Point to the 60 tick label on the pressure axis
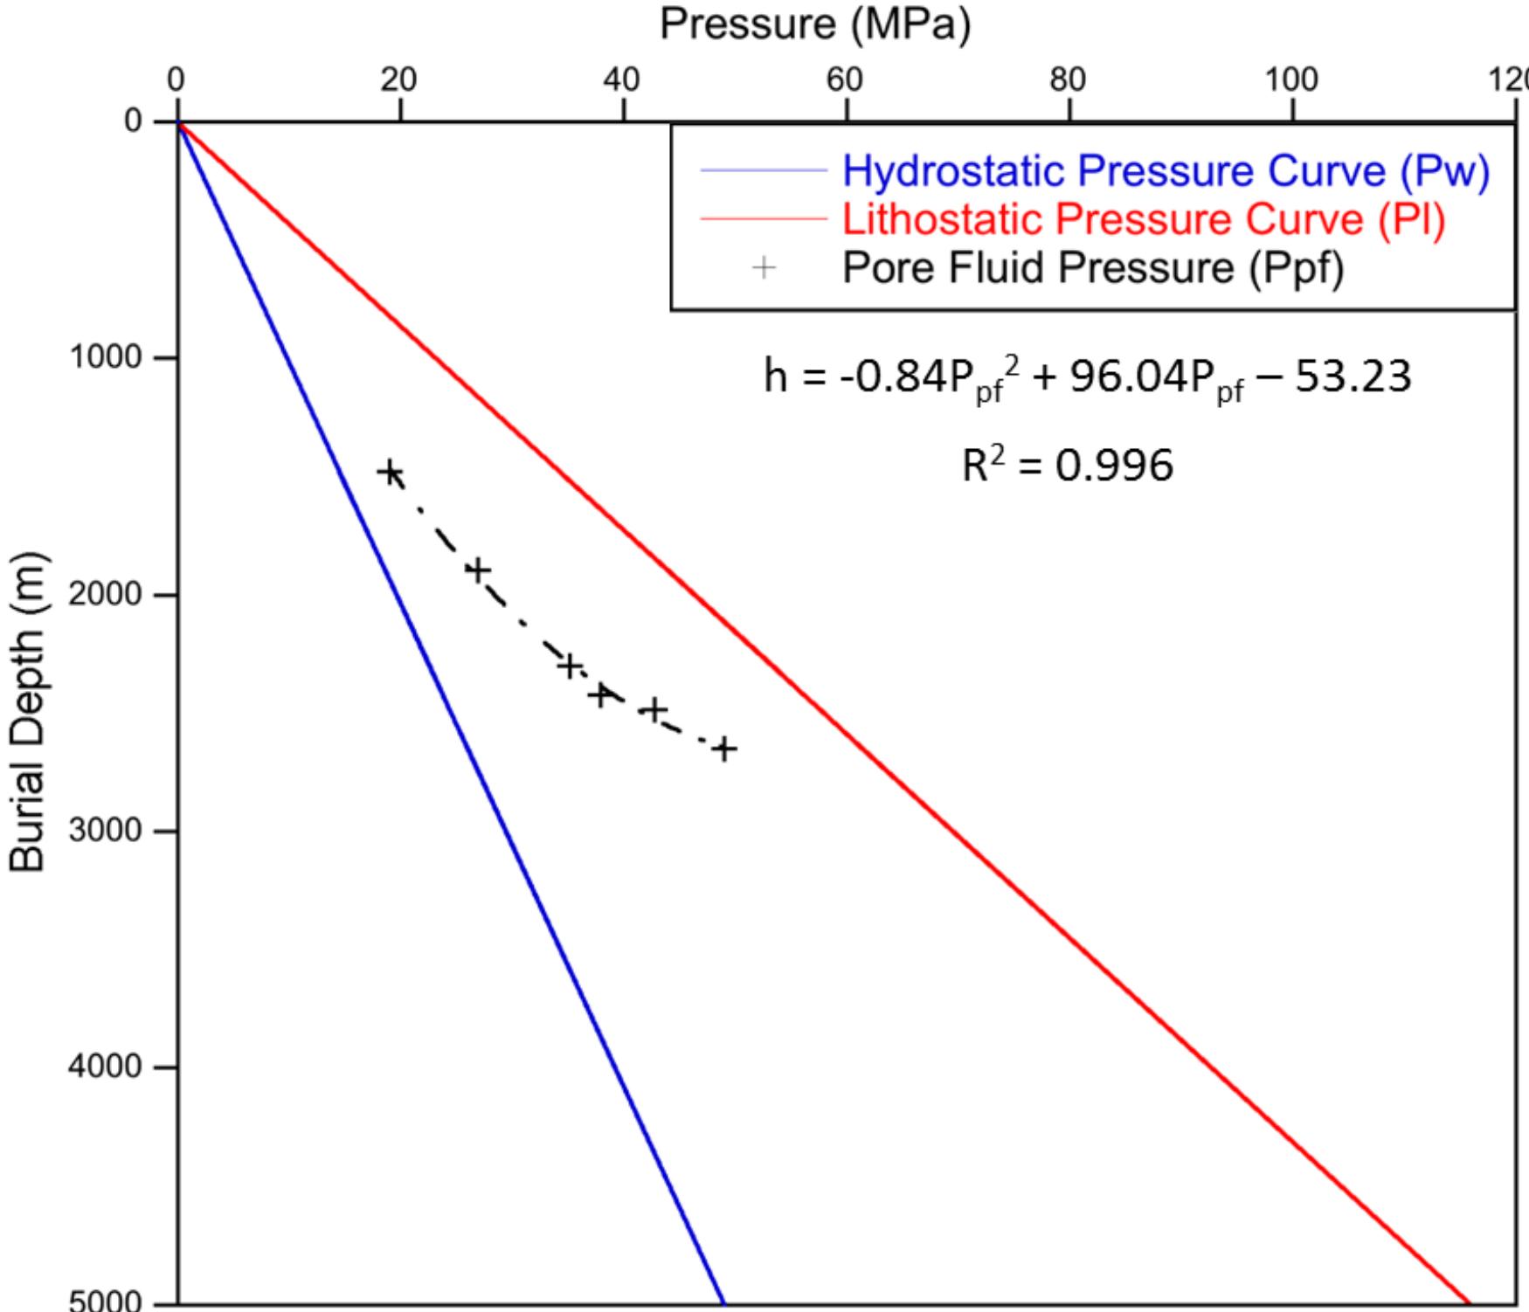coord(845,80)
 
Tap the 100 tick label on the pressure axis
coord(1290,80)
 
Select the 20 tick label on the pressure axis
coord(398,80)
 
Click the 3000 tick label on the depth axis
coord(106,830)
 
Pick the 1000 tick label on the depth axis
coord(106,357)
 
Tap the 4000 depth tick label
coord(106,1067)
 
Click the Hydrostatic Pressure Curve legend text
coord(1165,171)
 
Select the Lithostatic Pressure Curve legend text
coord(1144,218)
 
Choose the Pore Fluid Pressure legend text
coord(1092,267)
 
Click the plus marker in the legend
coord(764,267)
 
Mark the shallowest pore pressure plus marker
coord(391,473)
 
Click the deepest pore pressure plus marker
coord(723,749)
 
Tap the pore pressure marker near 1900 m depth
coord(477,570)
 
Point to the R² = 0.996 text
coord(1067,466)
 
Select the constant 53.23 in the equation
coord(1352,377)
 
